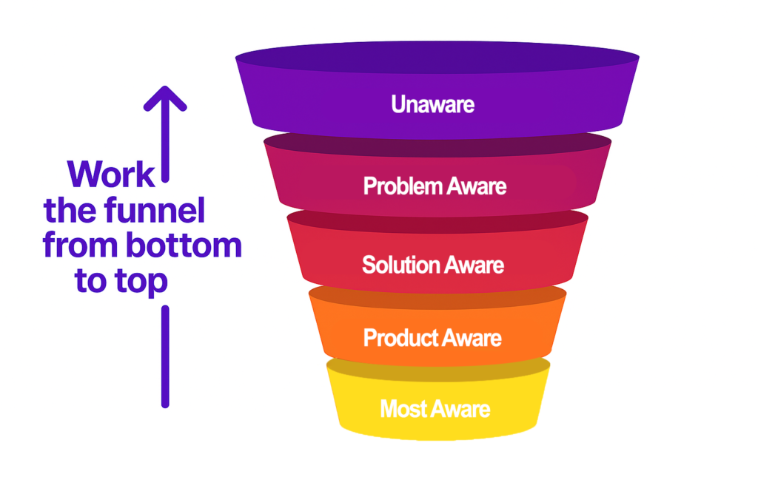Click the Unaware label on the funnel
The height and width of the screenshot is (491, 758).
[432, 104]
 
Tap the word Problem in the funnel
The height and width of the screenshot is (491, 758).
[403, 186]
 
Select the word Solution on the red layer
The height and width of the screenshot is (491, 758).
[400, 265]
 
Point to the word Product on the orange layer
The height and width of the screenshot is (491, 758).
[400, 338]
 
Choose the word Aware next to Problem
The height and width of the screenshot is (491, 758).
[476, 186]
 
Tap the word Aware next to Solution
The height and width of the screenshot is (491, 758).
[474, 265]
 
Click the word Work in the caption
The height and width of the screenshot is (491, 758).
[111, 175]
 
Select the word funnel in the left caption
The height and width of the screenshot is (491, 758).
[155, 210]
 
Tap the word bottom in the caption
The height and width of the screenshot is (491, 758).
[184, 245]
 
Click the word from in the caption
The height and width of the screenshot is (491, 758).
[80, 245]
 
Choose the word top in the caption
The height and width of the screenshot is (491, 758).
[141, 282]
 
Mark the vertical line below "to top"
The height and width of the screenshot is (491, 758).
[165, 356]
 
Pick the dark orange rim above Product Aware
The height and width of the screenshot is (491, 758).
[437, 297]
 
